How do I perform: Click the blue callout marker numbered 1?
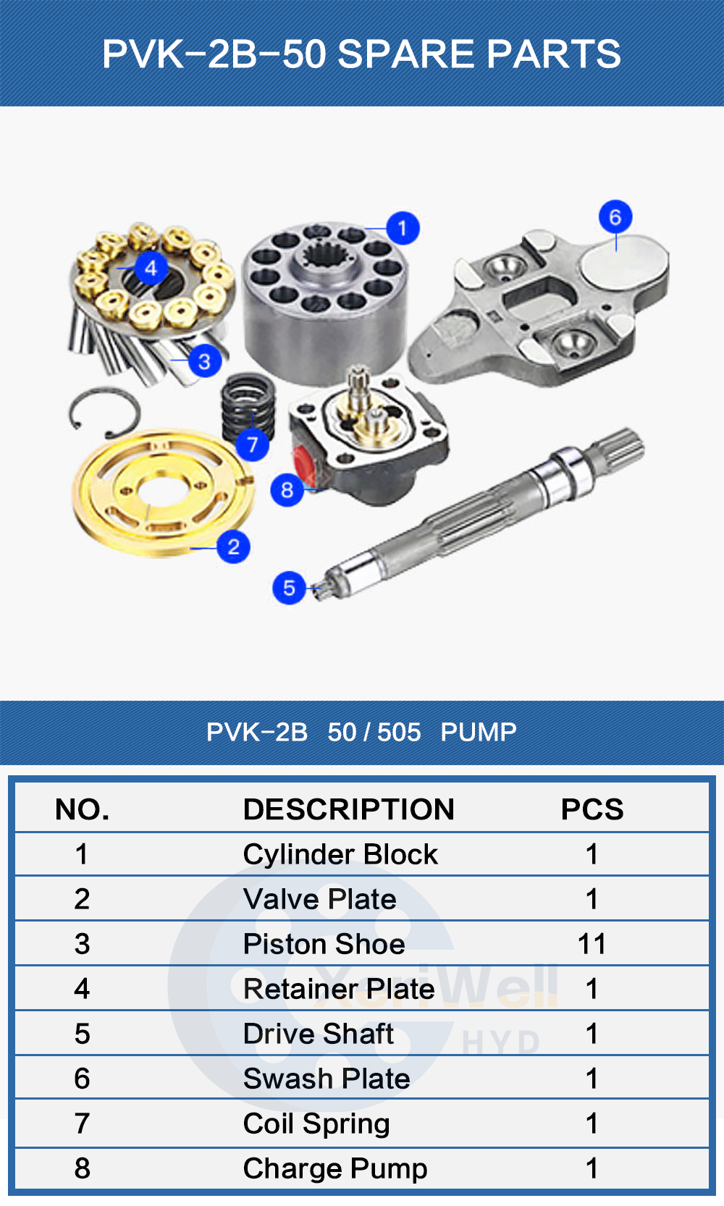tap(403, 229)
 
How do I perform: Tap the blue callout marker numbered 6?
tap(615, 216)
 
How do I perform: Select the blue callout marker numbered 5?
tap(289, 588)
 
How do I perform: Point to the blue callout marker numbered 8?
tap(287, 490)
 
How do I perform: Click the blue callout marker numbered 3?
tap(204, 360)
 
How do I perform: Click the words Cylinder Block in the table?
tap(340, 854)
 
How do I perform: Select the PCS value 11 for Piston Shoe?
tap(592, 944)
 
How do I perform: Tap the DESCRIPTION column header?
tap(348, 809)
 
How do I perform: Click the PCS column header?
tap(592, 809)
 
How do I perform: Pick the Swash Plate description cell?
tap(327, 1079)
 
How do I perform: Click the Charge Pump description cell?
tap(334, 1168)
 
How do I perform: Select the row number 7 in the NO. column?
tap(83, 1123)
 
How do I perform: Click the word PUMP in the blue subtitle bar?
tap(479, 732)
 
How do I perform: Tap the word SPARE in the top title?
tap(405, 54)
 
